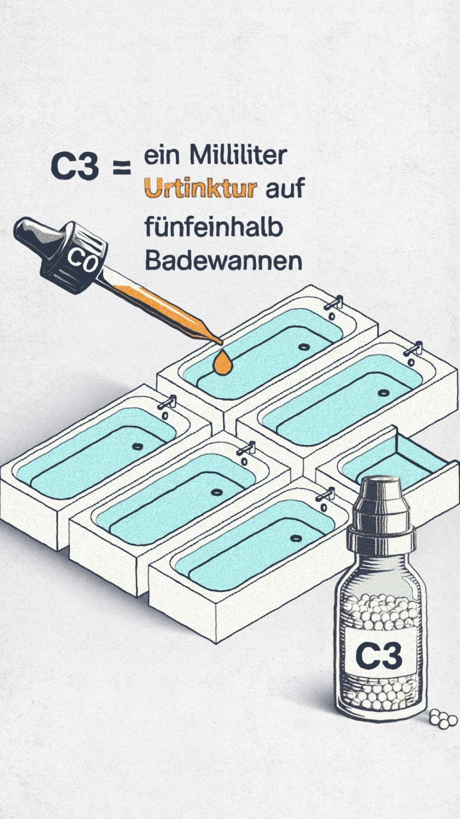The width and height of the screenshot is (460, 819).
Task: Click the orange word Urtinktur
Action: (200, 189)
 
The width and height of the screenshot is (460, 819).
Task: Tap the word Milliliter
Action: (239, 156)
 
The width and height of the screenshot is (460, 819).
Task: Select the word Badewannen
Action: (223, 261)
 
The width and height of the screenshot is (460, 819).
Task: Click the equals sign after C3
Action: (122, 168)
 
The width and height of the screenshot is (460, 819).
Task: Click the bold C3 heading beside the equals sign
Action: (75, 167)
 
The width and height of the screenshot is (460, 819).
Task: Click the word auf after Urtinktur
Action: (285, 189)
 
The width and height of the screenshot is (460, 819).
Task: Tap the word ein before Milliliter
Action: (161, 156)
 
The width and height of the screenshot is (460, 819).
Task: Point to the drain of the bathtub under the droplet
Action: (302, 346)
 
